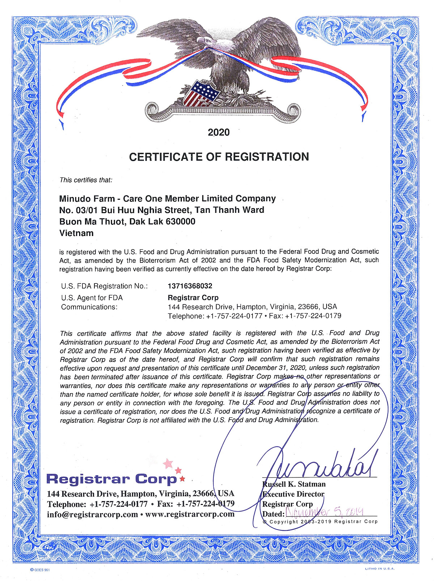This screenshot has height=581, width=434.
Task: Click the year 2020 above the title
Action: point(218,132)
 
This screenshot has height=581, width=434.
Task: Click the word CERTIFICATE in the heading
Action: point(166,157)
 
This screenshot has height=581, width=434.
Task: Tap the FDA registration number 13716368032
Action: point(190,286)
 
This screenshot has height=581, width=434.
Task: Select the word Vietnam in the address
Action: point(76,233)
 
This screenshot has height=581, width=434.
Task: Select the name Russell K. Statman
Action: point(294,484)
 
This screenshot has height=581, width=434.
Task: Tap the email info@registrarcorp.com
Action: point(92,514)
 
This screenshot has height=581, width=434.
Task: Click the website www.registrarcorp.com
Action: point(190,514)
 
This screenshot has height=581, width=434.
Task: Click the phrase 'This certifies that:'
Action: point(86,180)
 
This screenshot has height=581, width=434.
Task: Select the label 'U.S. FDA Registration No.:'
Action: point(104,286)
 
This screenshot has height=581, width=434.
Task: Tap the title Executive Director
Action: point(293,494)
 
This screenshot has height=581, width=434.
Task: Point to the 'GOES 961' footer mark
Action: point(40,570)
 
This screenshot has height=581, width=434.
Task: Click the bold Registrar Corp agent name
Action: point(193,298)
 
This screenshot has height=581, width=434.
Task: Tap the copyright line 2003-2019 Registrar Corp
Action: point(320,522)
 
